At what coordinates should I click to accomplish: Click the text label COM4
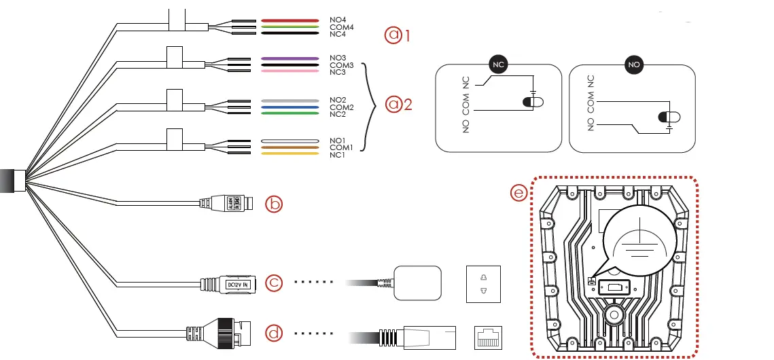(341, 27)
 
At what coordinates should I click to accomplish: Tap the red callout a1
(399, 35)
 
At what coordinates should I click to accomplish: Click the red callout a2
(399, 105)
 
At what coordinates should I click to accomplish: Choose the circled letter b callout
(273, 203)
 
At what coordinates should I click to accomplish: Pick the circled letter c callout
(273, 283)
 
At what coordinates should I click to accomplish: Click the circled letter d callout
(273, 333)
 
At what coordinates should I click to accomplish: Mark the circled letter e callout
(518, 193)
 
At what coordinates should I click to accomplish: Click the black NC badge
(498, 65)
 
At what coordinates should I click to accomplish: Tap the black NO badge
(633, 65)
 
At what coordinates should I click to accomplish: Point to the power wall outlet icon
(483, 283)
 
